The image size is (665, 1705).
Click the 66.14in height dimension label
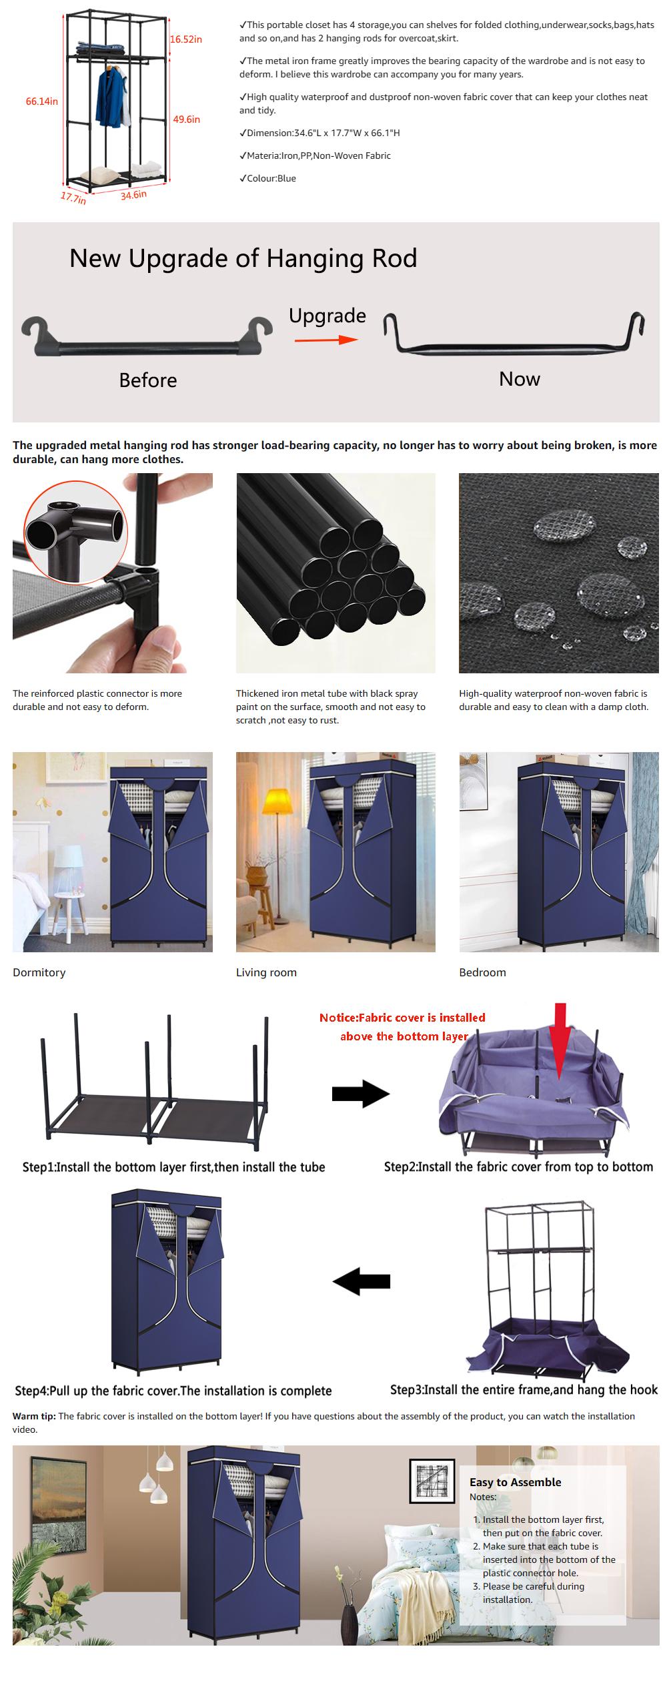(x=41, y=101)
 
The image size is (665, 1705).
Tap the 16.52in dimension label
(x=185, y=39)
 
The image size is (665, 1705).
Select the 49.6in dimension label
(x=186, y=119)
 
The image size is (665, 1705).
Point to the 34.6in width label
(x=133, y=195)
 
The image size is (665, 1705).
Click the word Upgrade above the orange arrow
(x=327, y=316)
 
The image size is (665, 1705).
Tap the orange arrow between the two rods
(x=326, y=339)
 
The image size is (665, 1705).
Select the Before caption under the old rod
(x=147, y=380)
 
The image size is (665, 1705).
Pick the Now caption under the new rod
(x=519, y=379)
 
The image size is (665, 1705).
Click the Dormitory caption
(x=39, y=972)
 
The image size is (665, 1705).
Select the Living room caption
(x=265, y=972)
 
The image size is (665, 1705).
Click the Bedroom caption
(x=482, y=972)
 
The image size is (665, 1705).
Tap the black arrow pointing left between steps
(x=361, y=1281)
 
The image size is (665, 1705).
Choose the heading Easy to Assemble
(x=515, y=1482)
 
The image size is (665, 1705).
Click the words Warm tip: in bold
(x=34, y=1416)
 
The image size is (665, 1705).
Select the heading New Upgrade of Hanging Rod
(x=243, y=258)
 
